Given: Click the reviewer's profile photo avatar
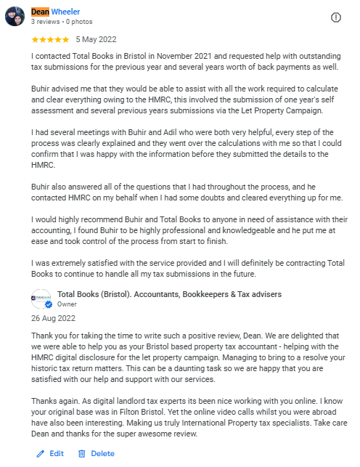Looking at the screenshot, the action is click(15, 16).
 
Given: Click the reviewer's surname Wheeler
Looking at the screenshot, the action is click(65, 12).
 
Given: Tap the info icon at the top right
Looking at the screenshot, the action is click(336, 17).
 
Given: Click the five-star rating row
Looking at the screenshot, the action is click(51, 39).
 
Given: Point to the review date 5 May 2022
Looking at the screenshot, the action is click(96, 39).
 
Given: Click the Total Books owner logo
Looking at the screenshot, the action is click(41, 299).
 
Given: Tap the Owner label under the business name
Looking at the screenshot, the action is click(67, 304).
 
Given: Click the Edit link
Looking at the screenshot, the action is click(56, 453).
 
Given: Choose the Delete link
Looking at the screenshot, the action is click(102, 453).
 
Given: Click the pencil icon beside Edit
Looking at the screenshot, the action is click(41, 453).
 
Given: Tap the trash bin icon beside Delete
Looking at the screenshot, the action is click(82, 453).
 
